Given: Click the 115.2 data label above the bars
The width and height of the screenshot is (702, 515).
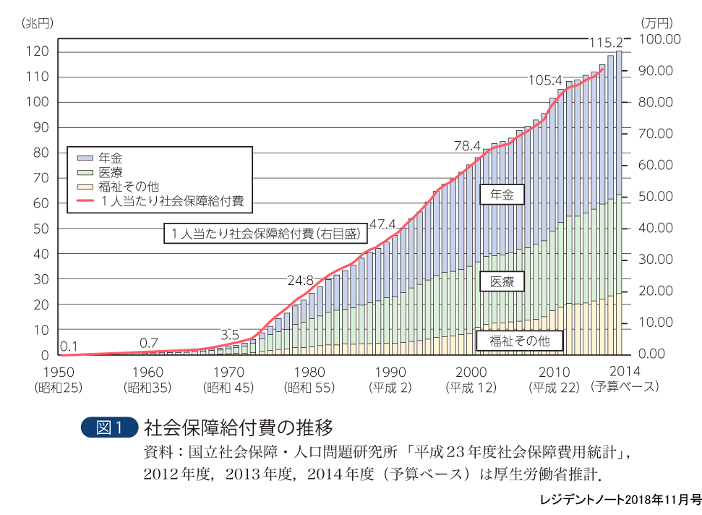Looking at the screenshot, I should coord(606,43).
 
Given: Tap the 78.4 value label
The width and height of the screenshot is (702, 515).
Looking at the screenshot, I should coord(468,146).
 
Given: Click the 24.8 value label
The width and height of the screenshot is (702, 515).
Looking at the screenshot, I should coord(300,280).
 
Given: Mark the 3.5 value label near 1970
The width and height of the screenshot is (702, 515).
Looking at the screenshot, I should coord(229,334).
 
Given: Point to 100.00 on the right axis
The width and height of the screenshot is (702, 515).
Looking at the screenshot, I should coord(661,39).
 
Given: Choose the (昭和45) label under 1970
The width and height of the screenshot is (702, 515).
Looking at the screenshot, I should coord(228,387).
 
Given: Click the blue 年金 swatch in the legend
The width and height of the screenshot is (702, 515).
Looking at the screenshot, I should coord(85,157).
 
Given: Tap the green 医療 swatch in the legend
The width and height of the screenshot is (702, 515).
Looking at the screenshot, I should coord(85,172).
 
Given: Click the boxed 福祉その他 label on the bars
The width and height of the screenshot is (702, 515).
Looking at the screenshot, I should coord(520,340).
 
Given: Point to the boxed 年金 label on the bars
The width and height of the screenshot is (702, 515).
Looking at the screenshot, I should coord(501,195).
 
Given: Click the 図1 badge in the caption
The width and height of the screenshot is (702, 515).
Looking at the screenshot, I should coord(110,427).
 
